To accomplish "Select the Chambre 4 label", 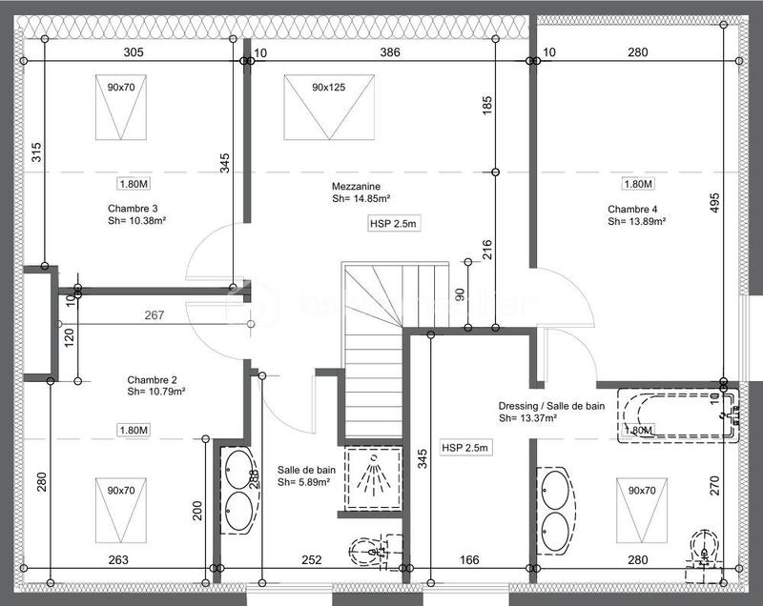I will tap(632, 209).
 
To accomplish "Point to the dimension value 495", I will tap(714, 204).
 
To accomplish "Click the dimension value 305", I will tap(134, 53).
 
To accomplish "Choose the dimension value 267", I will tap(155, 315).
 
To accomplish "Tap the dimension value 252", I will tap(313, 559).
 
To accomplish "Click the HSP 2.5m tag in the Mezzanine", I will tap(394, 224).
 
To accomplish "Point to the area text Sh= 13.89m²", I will tap(636, 222).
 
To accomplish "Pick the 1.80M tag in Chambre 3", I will tap(134, 184).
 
